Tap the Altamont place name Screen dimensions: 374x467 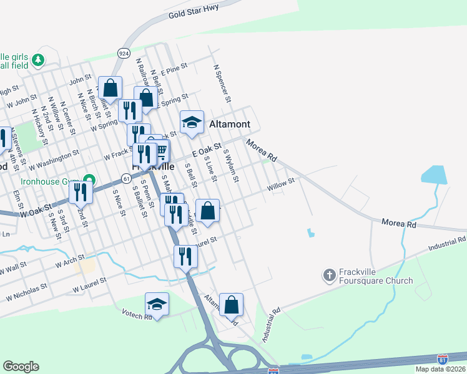229,124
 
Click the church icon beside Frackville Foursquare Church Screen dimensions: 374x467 330,274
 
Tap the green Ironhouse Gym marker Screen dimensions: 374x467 89,181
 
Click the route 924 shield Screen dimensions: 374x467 124,54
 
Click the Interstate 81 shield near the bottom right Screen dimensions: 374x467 442,359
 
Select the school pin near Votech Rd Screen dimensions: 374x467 157,304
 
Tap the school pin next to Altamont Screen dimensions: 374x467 192,122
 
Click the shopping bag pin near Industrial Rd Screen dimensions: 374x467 231,305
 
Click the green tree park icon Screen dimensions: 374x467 39,60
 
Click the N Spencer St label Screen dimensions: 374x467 222,84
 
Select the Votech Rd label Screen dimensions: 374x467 137,315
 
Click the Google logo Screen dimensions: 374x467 21,367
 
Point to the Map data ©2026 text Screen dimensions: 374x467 440,369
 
